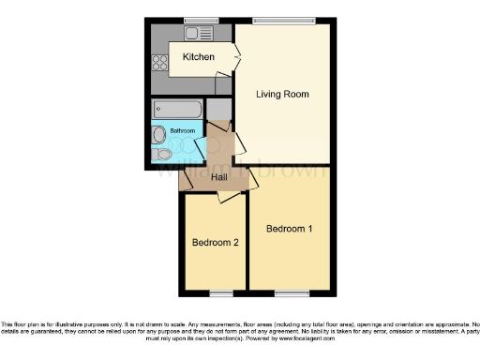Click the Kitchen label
click(198, 57)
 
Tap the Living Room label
click(283, 95)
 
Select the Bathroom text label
click(182, 130)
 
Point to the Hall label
click(219, 177)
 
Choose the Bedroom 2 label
click(215, 243)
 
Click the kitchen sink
click(198, 34)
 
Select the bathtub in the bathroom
click(174, 108)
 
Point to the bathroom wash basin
click(158, 132)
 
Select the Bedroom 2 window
click(215, 292)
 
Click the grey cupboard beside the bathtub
click(217, 109)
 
